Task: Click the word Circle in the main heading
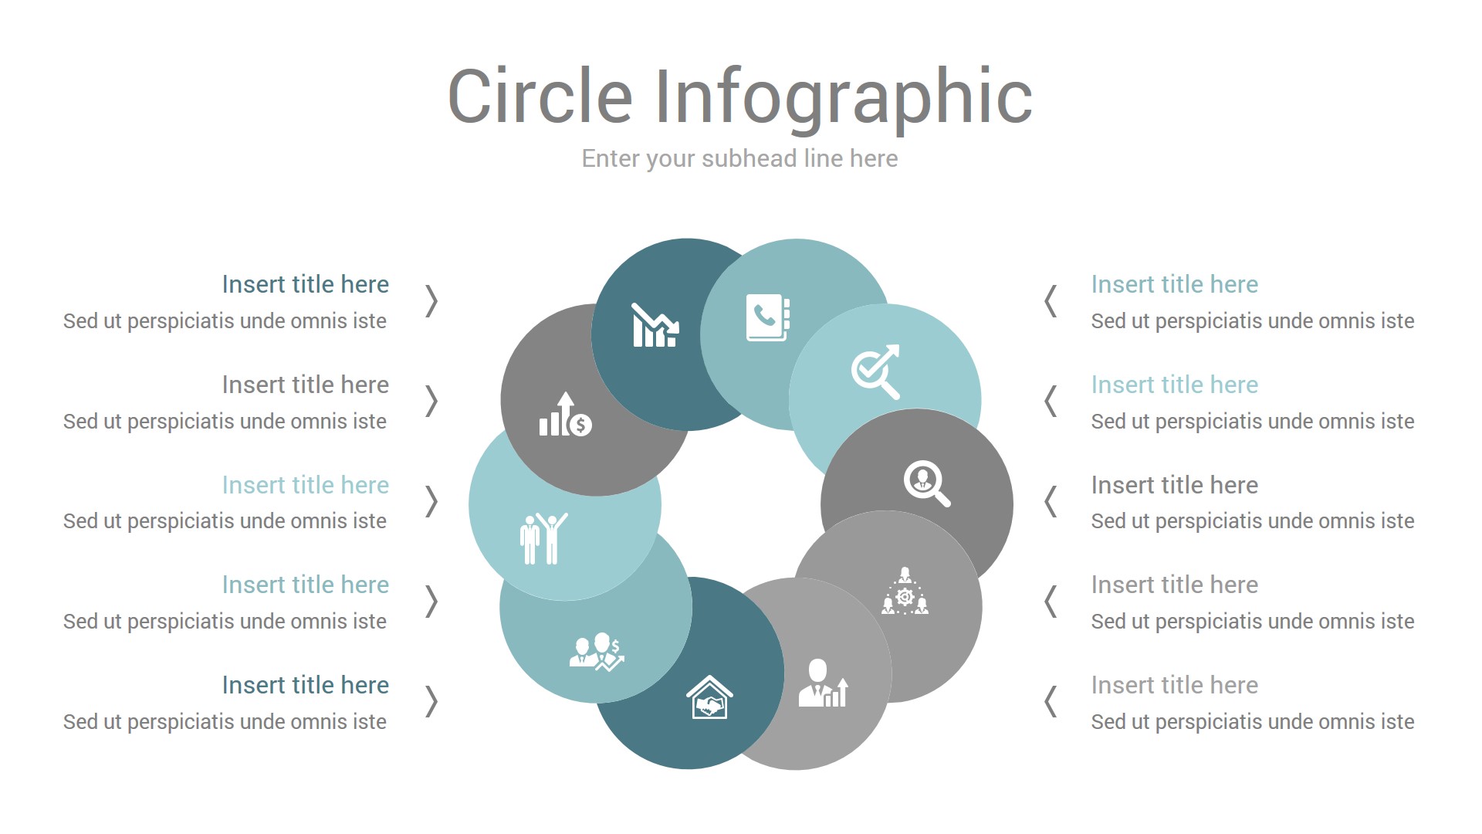540,96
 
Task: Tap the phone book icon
768,317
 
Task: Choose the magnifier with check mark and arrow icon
876,371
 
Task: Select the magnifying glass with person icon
927,483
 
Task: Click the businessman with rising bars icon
824,683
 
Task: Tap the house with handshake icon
709,697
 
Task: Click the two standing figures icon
544,538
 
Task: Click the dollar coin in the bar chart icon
581,425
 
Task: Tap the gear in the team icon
905,597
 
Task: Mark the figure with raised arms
553,538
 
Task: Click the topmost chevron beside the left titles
431,301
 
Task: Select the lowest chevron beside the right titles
1051,701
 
